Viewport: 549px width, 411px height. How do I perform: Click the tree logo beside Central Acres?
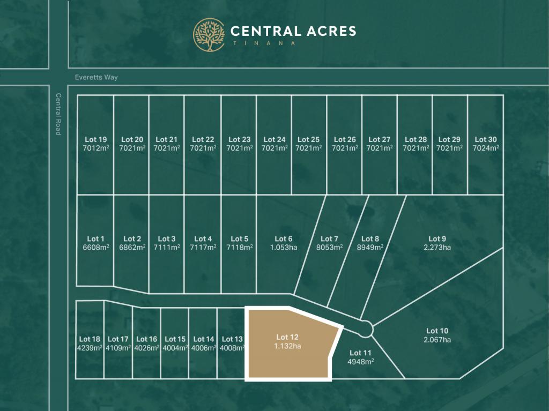(x=209, y=35)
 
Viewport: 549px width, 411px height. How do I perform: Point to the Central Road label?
(x=58, y=114)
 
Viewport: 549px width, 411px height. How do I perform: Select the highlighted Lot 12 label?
(x=287, y=337)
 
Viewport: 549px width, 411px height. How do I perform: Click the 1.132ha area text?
(x=287, y=346)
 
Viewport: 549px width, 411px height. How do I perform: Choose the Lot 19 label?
(x=95, y=139)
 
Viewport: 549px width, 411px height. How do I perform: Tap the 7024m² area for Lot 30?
(x=486, y=148)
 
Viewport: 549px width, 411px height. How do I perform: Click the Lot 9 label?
(x=437, y=238)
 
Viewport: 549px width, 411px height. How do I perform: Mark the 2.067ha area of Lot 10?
(x=437, y=340)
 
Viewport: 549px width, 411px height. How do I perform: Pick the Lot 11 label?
(x=360, y=353)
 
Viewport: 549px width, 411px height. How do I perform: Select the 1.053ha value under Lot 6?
(x=284, y=248)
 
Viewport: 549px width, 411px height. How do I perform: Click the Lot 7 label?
(x=329, y=238)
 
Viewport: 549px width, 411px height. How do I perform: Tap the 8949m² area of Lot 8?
(x=370, y=248)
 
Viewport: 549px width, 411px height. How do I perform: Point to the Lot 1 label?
(x=95, y=238)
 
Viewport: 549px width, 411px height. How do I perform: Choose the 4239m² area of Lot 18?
(x=90, y=348)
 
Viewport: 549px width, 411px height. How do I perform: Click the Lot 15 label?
(x=175, y=339)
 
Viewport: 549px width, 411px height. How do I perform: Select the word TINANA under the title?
(x=262, y=43)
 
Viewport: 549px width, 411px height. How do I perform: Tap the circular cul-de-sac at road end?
(x=366, y=328)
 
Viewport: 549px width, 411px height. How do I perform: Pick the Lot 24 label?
(x=274, y=139)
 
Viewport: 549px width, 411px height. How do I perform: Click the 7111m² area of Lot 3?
(x=166, y=248)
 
